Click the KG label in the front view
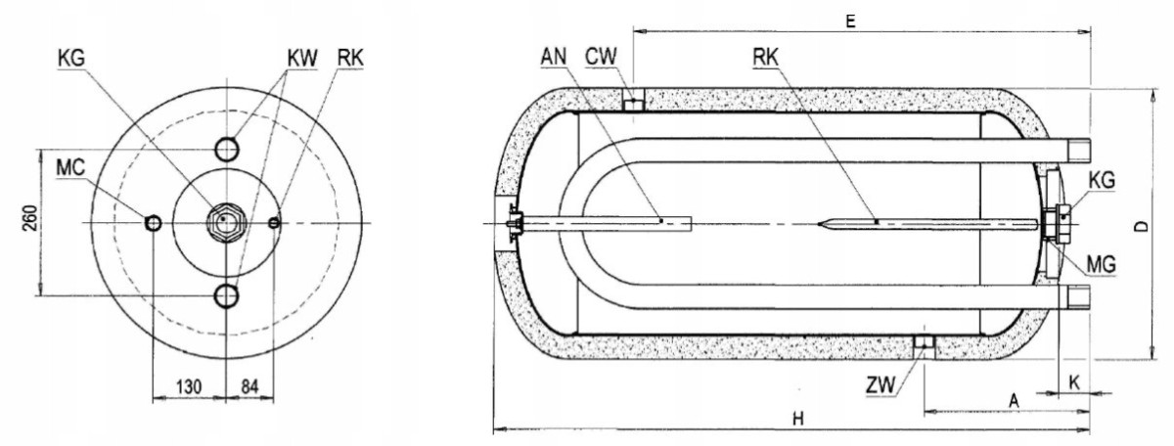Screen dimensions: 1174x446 [x=71, y=59]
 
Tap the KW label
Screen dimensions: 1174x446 [x=302, y=59]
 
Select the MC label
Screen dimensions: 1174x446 [x=70, y=167]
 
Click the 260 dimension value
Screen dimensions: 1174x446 [x=30, y=218]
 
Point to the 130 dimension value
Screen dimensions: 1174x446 [x=189, y=386]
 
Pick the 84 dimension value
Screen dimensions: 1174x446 [x=250, y=386]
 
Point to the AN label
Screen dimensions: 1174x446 [x=554, y=57]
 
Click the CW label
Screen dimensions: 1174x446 [x=601, y=57]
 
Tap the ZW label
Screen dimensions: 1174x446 [x=880, y=385]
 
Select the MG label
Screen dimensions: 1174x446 [x=1102, y=265]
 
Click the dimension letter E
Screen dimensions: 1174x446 [x=850, y=22]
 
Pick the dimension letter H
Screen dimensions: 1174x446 [x=797, y=419]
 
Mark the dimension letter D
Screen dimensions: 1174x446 [x=1142, y=226]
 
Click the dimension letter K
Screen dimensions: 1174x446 [x=1074, y=383]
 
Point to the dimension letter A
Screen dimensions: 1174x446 [x=1015, y=401]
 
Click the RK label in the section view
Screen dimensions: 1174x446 [x=766, y=58]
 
